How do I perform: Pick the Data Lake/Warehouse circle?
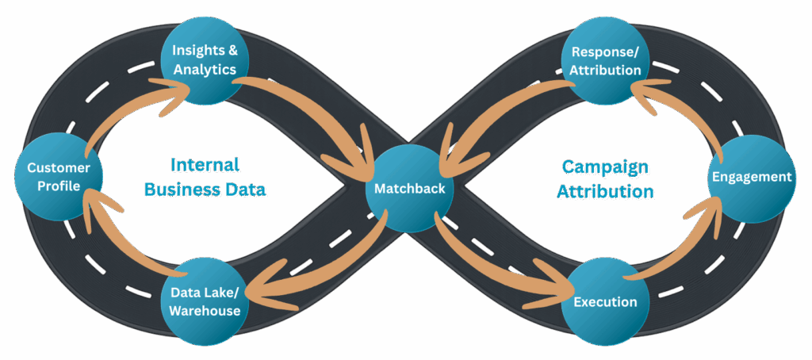click(x=205, y=301)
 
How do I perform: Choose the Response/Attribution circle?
click(x=606, y=61)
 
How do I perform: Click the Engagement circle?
click(x=751, y=177)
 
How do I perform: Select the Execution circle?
click(x=605, y=301)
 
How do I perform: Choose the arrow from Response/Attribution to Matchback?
click(x=500, y=119)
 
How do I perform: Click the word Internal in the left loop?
click(x=206, y=167)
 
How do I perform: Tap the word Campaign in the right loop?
click(x=606, y=168)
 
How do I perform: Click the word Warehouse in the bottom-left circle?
click(x=205, y=311)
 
